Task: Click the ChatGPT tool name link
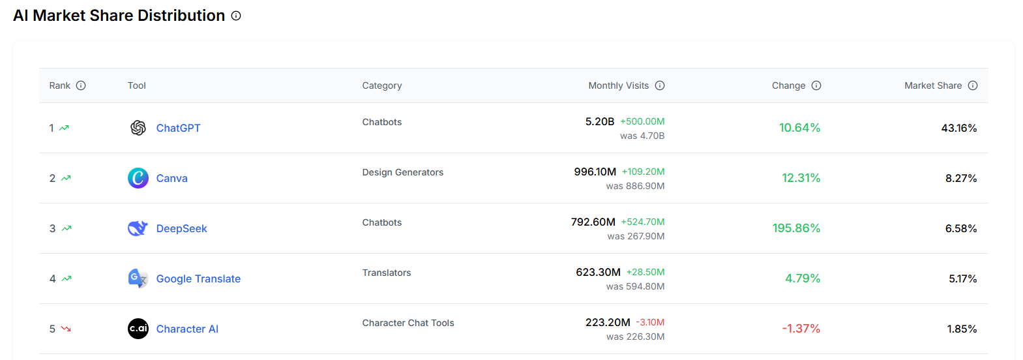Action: (x=178, y=128)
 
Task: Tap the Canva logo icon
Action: (x=138, y=178)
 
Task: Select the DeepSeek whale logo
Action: (x=138, y=228)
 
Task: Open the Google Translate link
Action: (x=198, y=278)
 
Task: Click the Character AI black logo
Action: (x=138, y=329)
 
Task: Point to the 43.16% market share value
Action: (x=958, y=128)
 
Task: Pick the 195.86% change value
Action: (x=796, y=228)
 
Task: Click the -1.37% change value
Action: (x=801, y=329)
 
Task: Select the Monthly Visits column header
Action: (x=618, y=85)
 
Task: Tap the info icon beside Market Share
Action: (x=973, y=85)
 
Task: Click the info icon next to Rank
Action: (x=81, y=85)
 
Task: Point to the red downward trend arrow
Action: (x=66, y=329)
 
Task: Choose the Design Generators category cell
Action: (x=402, y=172)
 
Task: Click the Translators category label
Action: (x=387, y=273)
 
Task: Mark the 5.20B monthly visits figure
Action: (x=600, y=121)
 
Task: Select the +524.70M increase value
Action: (x=642, y=222)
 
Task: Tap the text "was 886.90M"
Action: (x=635, y=186)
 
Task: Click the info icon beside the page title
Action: (x=236, y=16)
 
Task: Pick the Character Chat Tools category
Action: (x=408, y=323)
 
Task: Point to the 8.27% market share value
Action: (x=960, y=178)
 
